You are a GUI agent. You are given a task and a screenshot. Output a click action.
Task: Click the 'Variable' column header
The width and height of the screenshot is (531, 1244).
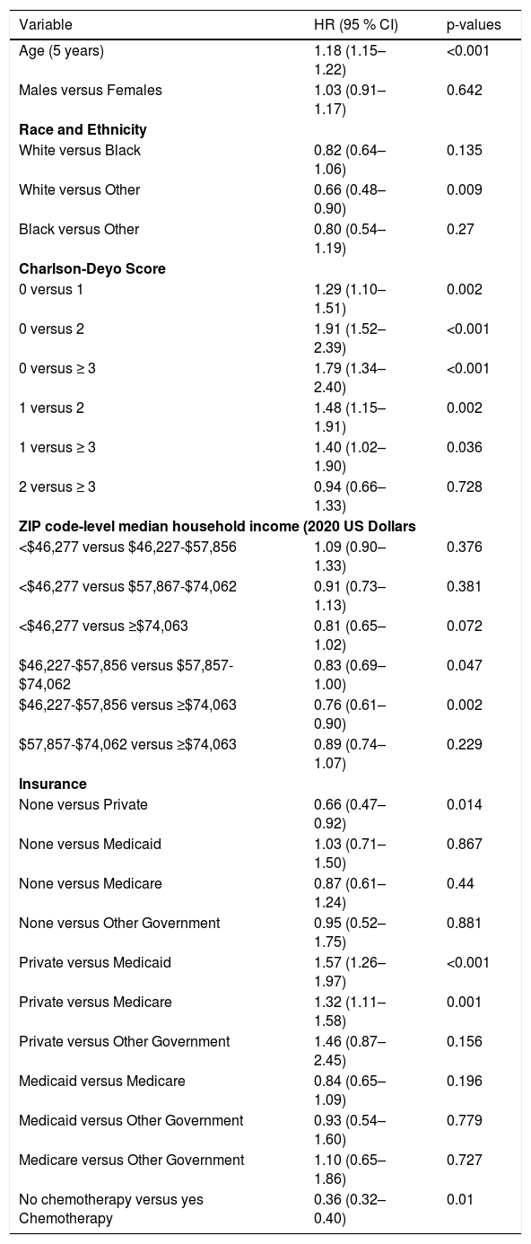[46, 25]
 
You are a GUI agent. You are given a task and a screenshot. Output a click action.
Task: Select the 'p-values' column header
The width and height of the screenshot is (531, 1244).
[474, 25]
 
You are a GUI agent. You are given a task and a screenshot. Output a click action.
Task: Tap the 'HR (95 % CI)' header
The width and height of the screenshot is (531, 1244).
[356, 25]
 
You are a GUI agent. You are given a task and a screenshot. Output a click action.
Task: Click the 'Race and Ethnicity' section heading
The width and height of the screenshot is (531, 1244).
[83, 130]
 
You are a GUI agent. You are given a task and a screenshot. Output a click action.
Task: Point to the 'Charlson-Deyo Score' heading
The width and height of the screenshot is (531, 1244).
[92, 268]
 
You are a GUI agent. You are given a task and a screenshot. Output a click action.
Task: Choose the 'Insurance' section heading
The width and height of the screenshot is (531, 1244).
[53, 784]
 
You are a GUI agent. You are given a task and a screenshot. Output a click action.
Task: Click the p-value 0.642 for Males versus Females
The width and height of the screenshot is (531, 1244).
[465, 91]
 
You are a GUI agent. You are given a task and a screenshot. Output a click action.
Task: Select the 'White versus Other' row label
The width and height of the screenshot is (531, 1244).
[79, 190]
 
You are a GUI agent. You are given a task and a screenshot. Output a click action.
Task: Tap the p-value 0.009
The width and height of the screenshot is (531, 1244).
[465, 190]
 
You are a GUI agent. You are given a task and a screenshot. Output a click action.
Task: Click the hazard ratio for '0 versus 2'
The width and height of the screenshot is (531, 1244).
[350, 338]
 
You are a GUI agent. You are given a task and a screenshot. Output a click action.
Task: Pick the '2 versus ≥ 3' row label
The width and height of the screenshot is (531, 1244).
[57, 487]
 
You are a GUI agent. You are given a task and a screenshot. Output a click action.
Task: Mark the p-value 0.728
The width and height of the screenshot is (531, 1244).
[465, 487]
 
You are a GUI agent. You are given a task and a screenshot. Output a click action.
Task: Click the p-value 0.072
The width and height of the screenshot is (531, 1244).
[465, 626]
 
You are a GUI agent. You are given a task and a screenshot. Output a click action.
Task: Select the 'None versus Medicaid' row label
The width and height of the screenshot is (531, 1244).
[90, 844]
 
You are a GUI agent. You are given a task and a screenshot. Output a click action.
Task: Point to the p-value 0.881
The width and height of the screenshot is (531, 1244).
[465, 923]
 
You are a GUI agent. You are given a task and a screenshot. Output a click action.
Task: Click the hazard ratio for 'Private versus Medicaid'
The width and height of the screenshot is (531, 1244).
[350, 972]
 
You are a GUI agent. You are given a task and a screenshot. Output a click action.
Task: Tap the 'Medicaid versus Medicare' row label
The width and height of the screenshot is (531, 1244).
[102, 1081]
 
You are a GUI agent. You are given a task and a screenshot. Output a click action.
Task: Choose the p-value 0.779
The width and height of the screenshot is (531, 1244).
[465, 1120]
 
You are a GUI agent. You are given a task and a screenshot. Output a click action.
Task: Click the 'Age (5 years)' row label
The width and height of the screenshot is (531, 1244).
[62, 51]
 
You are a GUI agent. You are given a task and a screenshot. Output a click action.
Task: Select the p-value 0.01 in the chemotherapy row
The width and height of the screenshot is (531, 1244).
[460, 1199]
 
